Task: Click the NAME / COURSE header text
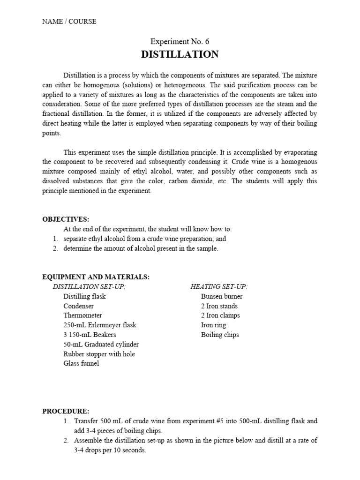[69, 21]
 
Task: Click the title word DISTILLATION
[180, 54]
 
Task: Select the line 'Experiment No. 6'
[180, 42]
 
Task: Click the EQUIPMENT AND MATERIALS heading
[96, 277]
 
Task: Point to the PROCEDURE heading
[66, 411]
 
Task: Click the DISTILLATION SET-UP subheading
[89, 286]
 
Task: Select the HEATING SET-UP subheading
[219, 286]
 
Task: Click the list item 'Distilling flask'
[85, 296]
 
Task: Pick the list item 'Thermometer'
[83, 315]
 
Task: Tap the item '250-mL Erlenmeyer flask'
[100, 325]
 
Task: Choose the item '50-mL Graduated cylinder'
[101, 344]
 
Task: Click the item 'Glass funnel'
[82, 363]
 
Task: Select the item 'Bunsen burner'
[222, 296]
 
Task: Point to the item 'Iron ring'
[213, 325]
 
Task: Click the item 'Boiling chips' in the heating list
[220, 335]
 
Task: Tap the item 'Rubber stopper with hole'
[99, 354]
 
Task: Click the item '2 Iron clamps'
[220, 315]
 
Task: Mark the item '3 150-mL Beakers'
[90, 335]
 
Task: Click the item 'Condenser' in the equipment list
[79, 306]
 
